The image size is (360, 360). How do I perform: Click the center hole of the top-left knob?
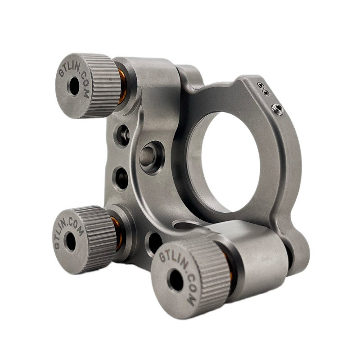(74, 86)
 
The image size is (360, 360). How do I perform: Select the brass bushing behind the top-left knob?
(122, 87)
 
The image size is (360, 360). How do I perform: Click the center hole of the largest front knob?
(176, 280)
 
